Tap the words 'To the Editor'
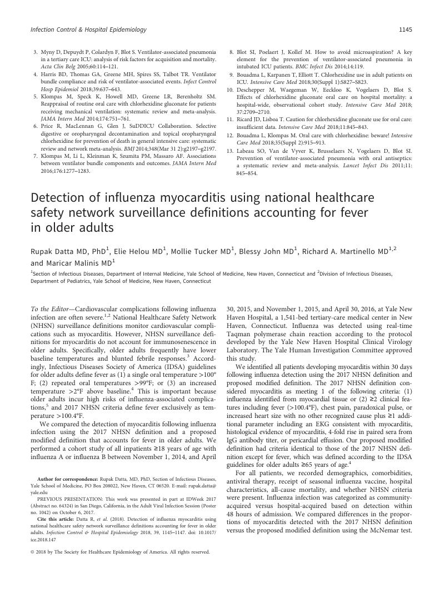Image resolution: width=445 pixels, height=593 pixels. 49,308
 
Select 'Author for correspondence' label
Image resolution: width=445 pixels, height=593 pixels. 66,478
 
